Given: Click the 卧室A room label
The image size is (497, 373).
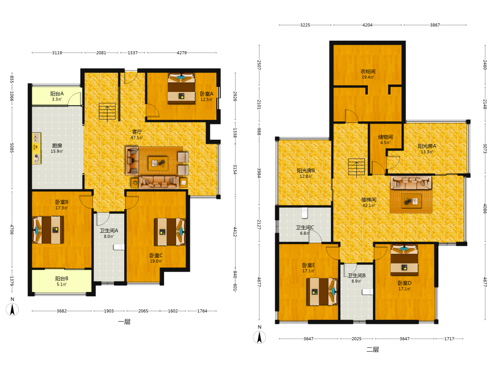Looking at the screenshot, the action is point(207,94).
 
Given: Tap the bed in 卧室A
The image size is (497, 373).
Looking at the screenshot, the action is point(181,89).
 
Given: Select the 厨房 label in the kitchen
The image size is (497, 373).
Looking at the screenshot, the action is point(57,146).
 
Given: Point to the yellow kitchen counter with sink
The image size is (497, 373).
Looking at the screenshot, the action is point(36,148).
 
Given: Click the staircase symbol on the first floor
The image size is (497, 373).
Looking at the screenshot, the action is point(107,112).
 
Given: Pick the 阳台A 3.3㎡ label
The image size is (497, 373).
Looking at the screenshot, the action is point(57,96).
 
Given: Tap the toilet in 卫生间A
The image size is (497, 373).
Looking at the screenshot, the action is point(119,247).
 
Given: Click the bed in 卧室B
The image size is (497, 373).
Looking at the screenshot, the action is point(48,230).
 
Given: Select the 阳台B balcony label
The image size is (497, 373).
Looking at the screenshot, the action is point(62,279).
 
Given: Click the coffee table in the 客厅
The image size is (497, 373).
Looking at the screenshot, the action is point(158,163).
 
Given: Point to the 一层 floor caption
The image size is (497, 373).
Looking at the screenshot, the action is point(124,322).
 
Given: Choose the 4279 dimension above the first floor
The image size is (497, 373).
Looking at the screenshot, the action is point(181,53).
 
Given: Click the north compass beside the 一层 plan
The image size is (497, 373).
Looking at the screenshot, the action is point(12,309).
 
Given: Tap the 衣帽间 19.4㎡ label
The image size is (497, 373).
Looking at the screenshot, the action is point(368,74).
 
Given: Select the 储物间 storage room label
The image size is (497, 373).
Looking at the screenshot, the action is point(386,137).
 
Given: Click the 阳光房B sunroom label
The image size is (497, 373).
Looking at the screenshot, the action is point(306,171).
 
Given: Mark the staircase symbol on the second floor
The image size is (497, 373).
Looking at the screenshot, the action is point(356,167).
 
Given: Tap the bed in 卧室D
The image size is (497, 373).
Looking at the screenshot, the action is point(404,260).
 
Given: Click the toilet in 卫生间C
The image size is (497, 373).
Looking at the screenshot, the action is point(305,213).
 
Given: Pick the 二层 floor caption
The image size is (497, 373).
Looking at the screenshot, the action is point(373,350).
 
